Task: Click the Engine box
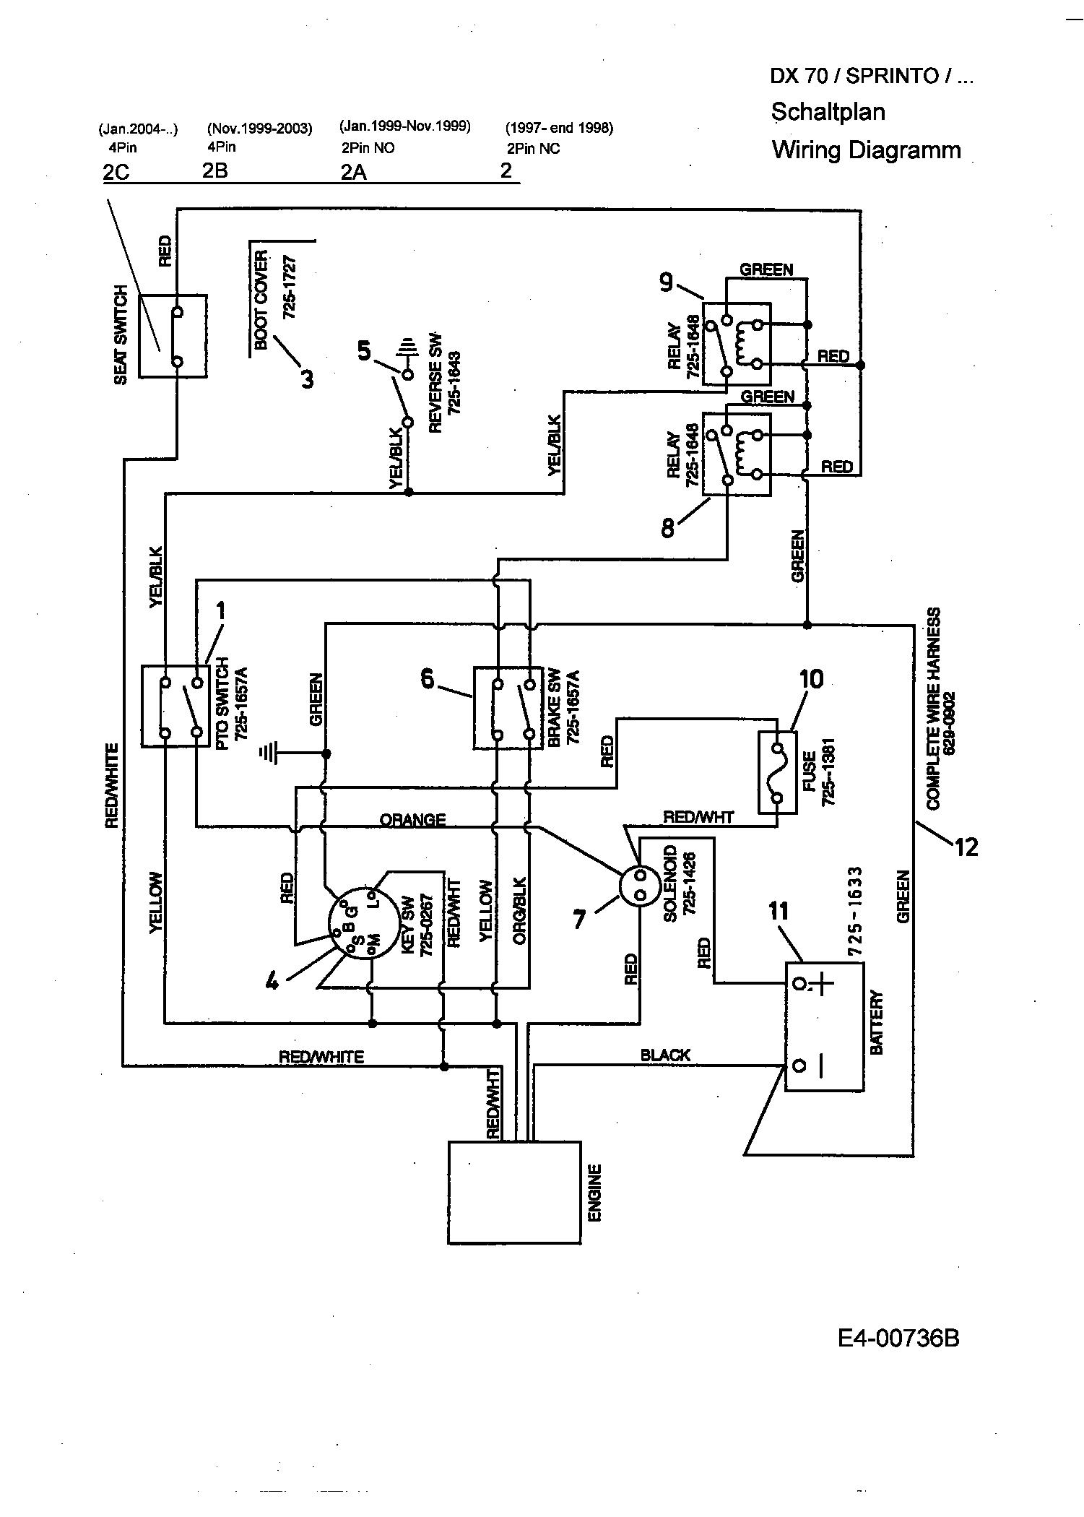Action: click(x=514, y=1191)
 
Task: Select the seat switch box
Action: click(x=173, y=335)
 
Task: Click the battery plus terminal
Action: click(x=798, y=984)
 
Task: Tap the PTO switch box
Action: click(x=181, y=706)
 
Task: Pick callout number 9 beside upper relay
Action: click(x=666, y=282)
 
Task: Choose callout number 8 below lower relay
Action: click(x=668, y=529)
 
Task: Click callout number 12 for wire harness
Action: click(x=966, y=846)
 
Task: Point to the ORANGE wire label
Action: click(x=413, y=820)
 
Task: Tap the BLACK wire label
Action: click(x=665, y=1055)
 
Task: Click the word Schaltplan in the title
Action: click(x=828, y=112)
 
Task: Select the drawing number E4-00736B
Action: click(x=899, y=1339)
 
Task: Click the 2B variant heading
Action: click(x=214, y=172)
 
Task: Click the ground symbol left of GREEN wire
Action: click(x=269, y=754)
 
